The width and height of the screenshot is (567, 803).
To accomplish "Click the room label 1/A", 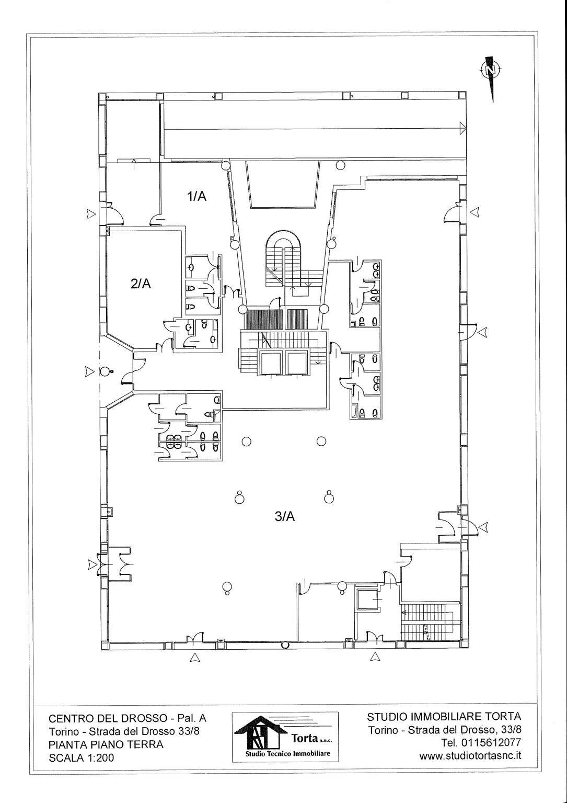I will [197, 196].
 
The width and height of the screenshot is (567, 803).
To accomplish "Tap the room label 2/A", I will [141, 284].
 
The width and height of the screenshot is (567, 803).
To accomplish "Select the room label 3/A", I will [285, 516].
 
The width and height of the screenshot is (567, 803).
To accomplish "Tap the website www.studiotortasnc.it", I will [470, 755].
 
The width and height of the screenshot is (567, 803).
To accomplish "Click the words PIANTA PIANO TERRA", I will [106, 744].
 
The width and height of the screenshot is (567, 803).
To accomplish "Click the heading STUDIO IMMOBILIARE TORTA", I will [444, 716].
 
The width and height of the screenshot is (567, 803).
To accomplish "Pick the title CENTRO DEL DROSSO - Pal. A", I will [128, 718].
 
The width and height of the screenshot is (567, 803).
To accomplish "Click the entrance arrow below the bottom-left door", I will [194, 658].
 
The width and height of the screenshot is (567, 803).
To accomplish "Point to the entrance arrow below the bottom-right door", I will [375, 658].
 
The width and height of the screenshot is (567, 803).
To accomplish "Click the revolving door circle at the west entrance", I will [105, 372].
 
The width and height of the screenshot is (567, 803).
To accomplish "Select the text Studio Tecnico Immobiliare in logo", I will [285, 754].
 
